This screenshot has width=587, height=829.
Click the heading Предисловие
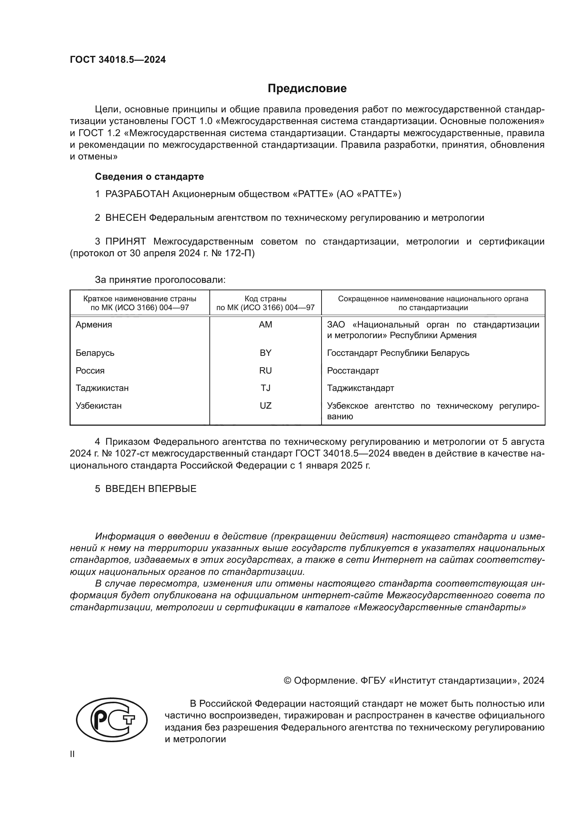[x=307, y=89]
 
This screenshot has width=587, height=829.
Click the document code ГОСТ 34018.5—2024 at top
[x=118, y=60]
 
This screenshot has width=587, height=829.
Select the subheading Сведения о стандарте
[x=149, y=177]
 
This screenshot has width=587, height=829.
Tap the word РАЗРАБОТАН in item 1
[x=137, y=194]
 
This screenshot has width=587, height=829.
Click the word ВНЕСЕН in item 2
[x=125, y=218]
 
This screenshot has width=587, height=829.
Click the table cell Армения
[x=94, y=325]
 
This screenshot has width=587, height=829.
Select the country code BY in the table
[x=265, y=353]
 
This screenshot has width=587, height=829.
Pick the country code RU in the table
[x=265, y=370]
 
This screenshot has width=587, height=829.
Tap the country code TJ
[x=265, y=388]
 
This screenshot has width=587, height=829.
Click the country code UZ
[x=265, y=406]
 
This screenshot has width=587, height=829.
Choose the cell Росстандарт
[x=353, y=370]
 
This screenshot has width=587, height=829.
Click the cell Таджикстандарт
[x=360, y=388]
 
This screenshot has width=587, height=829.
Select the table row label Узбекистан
[x=98, y=406]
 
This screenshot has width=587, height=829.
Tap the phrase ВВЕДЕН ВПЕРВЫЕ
[x=151, y=489]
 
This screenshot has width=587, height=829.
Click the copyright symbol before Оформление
[x=287, y=680]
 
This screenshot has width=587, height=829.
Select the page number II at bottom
[x=72, y=754]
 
